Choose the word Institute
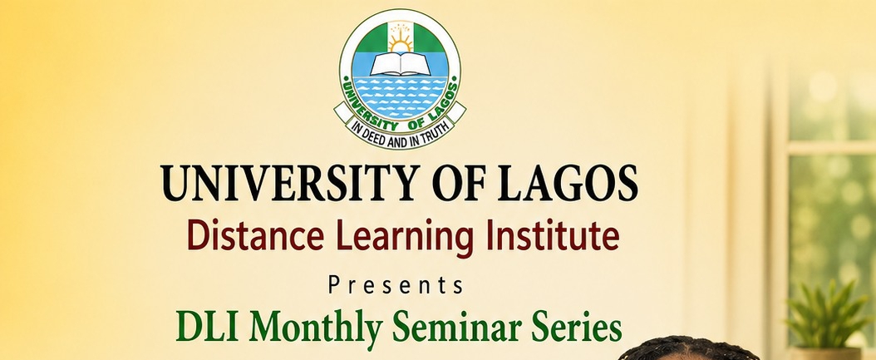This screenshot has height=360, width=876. (553, 236)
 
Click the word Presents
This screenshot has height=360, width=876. (396, 285)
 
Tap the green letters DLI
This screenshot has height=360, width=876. (209, 326)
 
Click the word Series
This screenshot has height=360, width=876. (577, 326)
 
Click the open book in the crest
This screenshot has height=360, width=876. (400, 64)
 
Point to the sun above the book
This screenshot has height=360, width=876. (400, 39)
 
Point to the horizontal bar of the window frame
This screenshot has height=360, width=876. (831, 148)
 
